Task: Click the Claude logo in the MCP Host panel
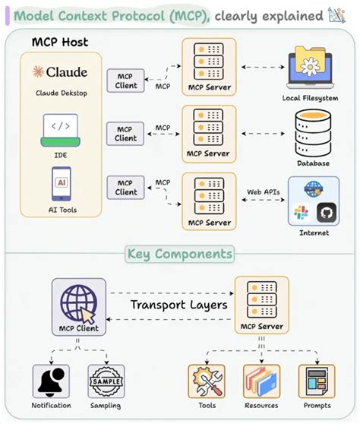coord(60,73)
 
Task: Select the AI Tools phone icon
coord(60,185)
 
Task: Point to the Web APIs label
coord(264,192)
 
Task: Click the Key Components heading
coord(180,254)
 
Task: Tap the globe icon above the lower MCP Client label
coord(77,301)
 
